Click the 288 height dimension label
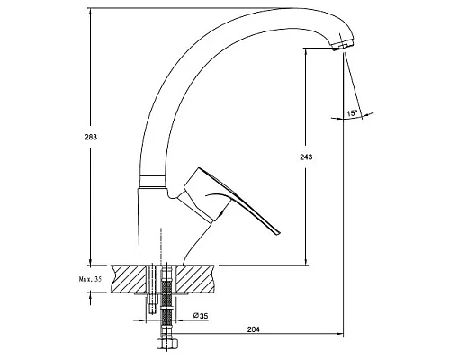coord(91,137)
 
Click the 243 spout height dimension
coord(306,157)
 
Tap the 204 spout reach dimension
coord(253,329)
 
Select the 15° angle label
coord(352,113)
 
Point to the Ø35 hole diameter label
coord(201,316)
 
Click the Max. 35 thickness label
coord(90,279)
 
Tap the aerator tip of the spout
coord(343,46)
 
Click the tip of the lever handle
coord(277,232)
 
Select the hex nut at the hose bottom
coord(167,343)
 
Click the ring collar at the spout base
coord(152,181)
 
